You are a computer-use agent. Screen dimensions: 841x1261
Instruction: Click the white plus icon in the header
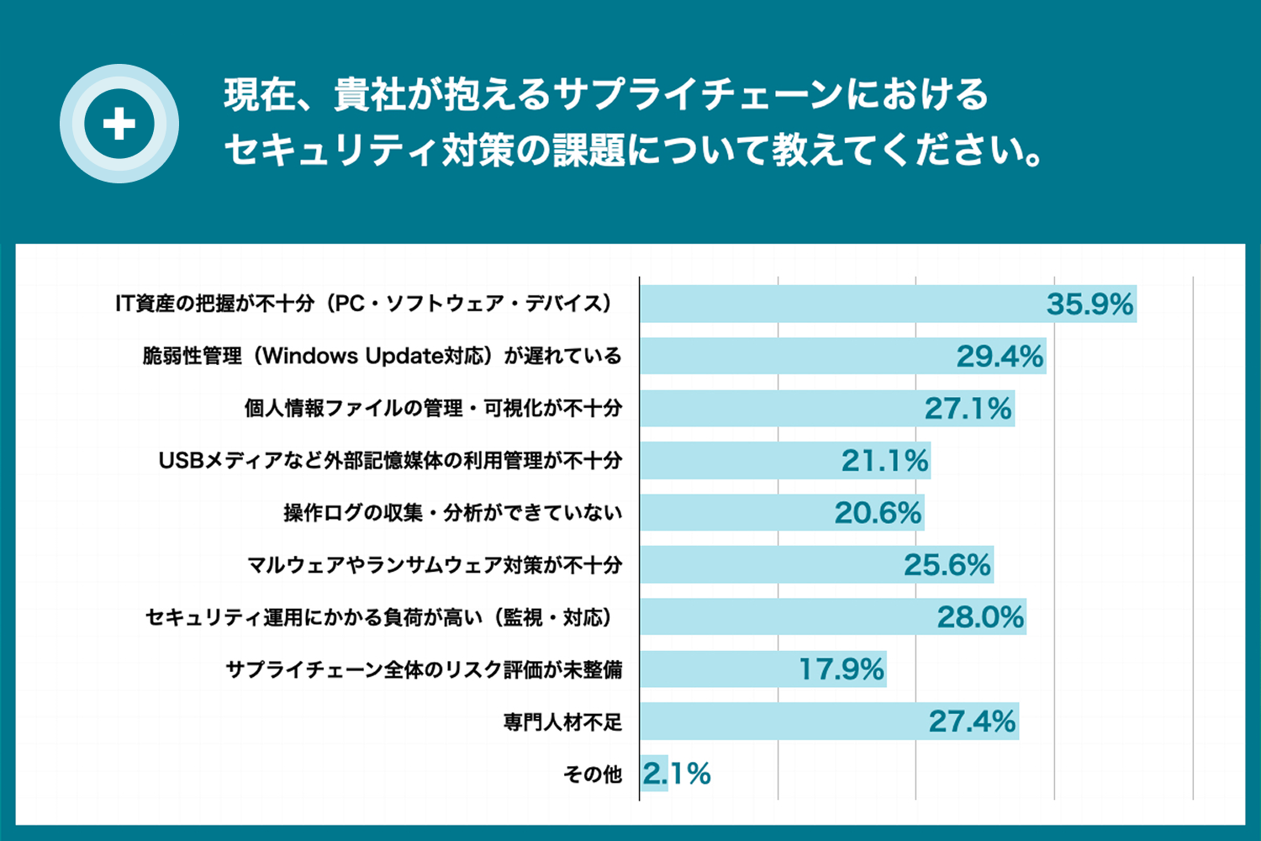[x=119, y=124]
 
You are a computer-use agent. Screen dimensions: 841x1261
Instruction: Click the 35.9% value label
[x=1090, y=304]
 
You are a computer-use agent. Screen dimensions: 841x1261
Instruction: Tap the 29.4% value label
[x=1000, y=357]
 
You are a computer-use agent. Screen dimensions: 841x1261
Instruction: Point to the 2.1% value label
[x=677, y=774]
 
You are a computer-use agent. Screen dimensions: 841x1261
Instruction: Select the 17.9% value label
[x=841, y=669]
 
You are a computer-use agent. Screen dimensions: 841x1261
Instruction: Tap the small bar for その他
[x=654, y=774]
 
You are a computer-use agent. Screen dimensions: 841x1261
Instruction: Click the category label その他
[x=593, y=774]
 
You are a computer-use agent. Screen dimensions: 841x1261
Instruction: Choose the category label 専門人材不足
[x=562, y=722]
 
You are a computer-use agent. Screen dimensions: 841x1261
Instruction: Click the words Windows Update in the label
[x=352, y=357]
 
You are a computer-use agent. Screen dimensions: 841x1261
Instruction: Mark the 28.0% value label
[x=980, y=617]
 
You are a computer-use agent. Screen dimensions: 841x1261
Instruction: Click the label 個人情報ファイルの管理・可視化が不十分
[x=433, y=409]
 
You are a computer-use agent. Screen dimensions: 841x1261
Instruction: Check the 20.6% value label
[x=878, y=513]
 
